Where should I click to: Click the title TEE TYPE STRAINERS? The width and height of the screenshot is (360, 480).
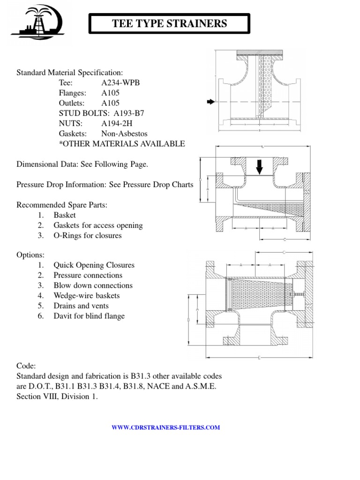(x=169, y=23)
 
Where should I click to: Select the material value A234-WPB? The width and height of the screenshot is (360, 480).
(x=120, y=83)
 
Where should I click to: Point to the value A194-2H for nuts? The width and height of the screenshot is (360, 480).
(x=120, y=123)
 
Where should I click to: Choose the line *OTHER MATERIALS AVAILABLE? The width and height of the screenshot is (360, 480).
(x=122, y=143)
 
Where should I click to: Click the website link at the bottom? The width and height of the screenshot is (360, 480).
(x=165, y=427)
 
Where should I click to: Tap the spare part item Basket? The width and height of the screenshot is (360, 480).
(x=65, y=215)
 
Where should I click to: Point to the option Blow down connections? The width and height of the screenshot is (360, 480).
(x=93, y=285)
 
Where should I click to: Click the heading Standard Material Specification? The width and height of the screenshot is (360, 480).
(x=70, y=73)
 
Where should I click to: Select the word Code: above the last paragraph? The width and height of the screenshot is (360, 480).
(x=26, y=366)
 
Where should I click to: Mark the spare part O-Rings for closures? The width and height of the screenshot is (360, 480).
(x=88, y=235)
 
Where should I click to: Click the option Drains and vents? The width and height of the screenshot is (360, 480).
(x=82, y=306)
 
